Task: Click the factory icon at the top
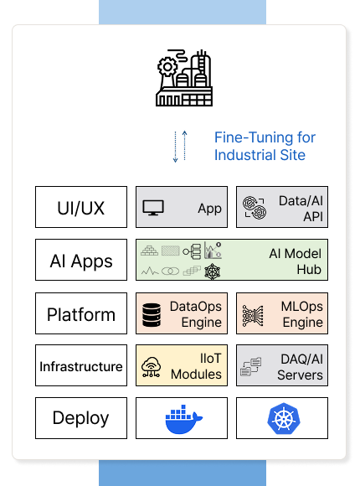point(184,78)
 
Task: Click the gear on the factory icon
point(167,66)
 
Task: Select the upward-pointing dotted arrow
point(185,145)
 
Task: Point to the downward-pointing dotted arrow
point(175,147)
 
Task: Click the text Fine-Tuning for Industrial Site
point(265,146)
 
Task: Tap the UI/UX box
point(81,207)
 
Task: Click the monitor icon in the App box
point(153,208)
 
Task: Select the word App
point(210,209)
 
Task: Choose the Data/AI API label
point(301,209)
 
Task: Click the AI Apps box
point(81,260)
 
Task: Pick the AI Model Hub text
point(295,261)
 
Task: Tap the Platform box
point(81,313)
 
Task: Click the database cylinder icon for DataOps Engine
point(152,315)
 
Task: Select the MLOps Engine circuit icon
point(253,316)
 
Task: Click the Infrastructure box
point(81,365)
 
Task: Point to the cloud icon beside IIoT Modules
point(151,367)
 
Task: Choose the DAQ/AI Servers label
point(300,367)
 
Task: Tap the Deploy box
point(81,418)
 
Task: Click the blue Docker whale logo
point(183,419)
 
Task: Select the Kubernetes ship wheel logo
point(284,419)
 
